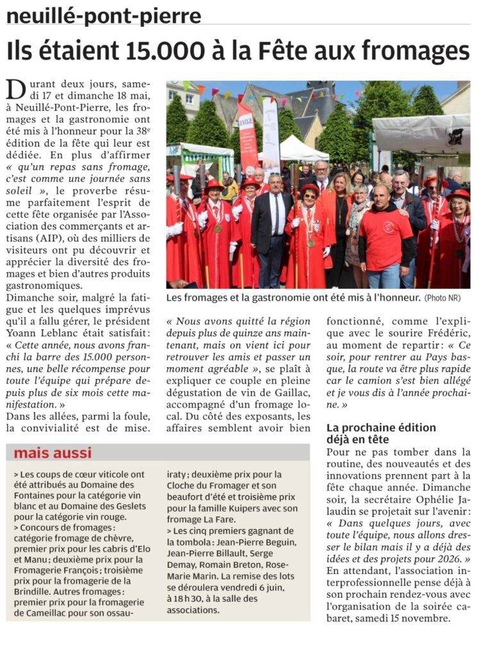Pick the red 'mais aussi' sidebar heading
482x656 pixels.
pos(52,453)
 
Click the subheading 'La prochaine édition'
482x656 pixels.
pos(381,427)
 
